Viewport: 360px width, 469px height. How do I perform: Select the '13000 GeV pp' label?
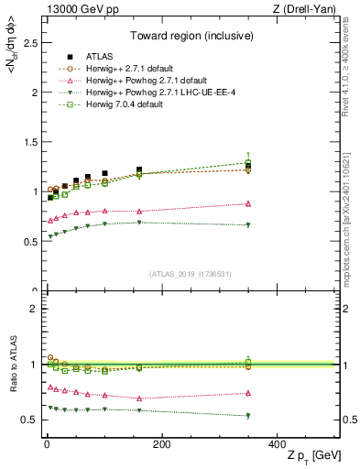74,9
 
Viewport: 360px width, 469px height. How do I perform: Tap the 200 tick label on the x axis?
161,444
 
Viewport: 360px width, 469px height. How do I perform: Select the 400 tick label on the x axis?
278,444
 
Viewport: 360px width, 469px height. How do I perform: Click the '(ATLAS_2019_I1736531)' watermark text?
190,274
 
